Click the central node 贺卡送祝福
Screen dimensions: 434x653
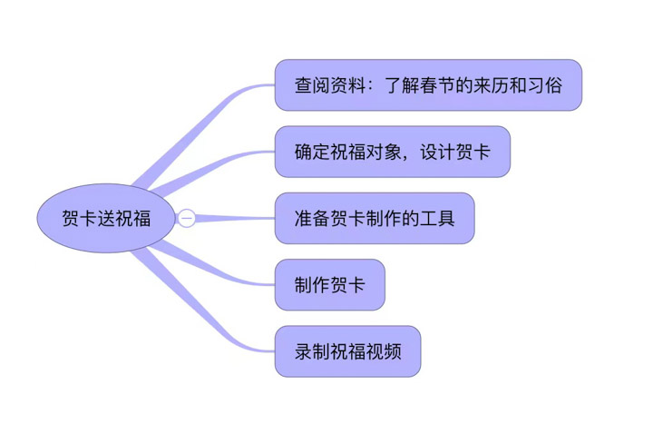tap(105, 218)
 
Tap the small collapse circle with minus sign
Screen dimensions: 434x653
tap(186, 218)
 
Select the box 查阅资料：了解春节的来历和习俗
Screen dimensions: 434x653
tap(428, 85)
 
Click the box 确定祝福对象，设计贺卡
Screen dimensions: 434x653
tap(392, 152)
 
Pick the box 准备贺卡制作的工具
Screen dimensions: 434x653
tap(374, 218)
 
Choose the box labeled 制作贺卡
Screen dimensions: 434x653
tap(330, 285)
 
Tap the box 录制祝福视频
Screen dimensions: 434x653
tap(347, 351)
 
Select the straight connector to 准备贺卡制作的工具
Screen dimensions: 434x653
tap(236, 218)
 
